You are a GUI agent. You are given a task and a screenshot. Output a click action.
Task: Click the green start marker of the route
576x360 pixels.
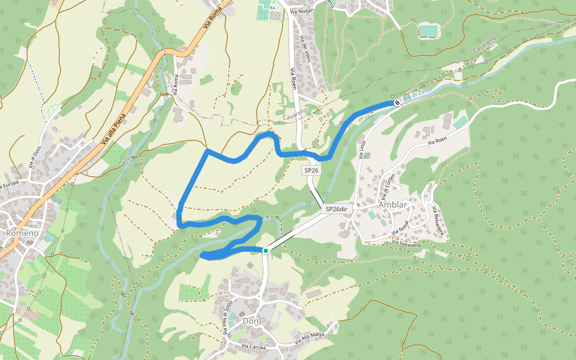265,251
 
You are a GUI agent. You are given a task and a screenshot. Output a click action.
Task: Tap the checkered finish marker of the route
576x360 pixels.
397,103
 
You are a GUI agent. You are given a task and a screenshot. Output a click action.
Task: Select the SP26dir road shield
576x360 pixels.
337,209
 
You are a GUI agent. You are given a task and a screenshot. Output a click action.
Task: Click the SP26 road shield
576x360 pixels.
311,170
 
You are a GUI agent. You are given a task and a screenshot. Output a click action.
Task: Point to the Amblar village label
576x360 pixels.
393,205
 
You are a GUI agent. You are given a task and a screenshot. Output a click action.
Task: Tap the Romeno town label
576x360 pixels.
22,233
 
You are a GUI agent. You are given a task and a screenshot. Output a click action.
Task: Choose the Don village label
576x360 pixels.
251,321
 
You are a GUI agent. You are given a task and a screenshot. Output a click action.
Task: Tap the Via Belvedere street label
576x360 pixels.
439,221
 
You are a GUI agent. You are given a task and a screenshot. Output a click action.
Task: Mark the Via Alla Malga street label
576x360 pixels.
309,338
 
